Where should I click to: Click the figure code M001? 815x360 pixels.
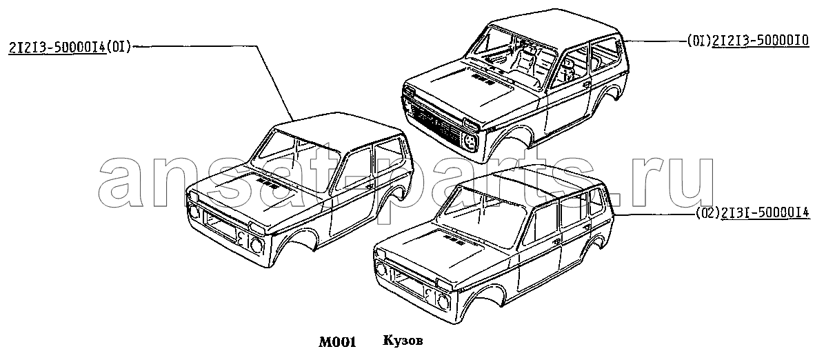coord(336,342)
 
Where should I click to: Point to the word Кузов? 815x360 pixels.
coord(403,341)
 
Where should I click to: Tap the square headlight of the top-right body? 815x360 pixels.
coord(470,141)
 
